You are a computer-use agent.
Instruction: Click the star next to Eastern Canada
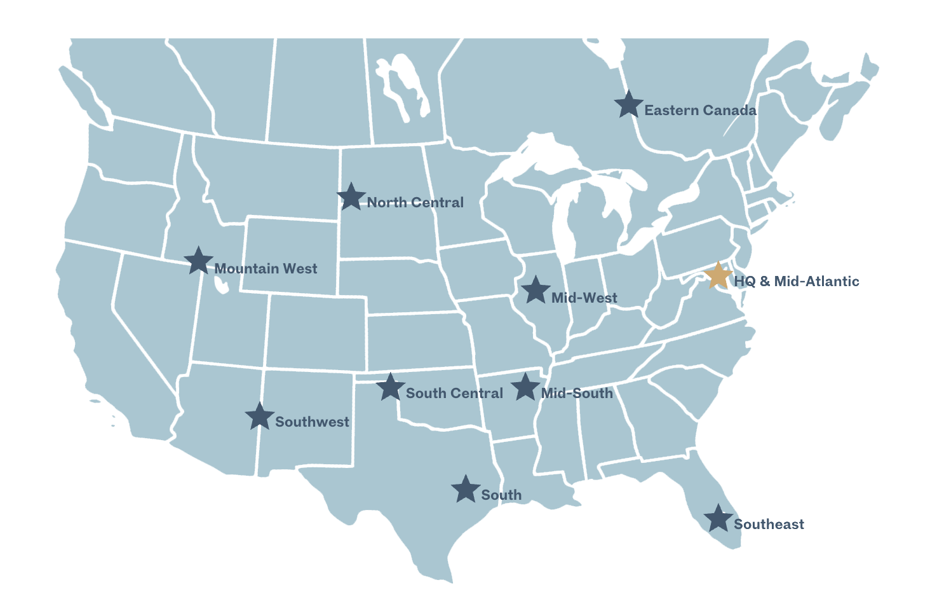click(629, 105)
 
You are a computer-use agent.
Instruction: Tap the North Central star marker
click(351, 197)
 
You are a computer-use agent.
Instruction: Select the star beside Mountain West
click(198, 261)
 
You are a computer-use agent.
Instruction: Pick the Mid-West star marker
click(536, 291)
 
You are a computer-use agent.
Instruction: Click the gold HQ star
click(718, 276)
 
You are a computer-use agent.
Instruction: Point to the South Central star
click(390, 387)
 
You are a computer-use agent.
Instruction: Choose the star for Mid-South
click(525, 387)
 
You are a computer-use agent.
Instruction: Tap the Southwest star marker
click(259, 417)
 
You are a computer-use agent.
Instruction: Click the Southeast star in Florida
click(718, 519)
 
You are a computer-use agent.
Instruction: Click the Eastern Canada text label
click(700, 111)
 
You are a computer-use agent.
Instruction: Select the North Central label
click(415, 203)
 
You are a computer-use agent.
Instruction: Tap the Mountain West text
click(266, 269)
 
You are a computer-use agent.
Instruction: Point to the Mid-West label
click(584, 298)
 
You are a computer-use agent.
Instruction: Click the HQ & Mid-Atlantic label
click(797, 281)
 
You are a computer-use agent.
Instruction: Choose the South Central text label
click(454, 394)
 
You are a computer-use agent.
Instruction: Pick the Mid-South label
click(577, 394)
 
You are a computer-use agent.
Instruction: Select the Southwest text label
click(312, 422)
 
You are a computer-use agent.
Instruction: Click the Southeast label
click(769, 525)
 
